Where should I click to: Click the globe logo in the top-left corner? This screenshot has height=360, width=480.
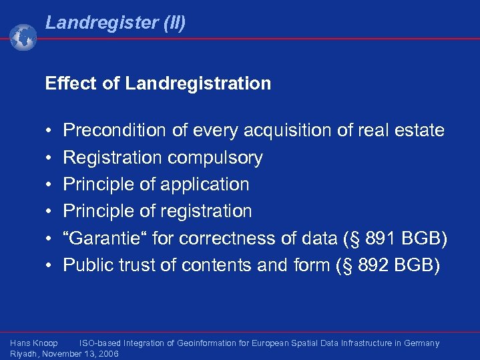coord(23,37)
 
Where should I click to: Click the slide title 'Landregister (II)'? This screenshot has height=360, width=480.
coord(115,23)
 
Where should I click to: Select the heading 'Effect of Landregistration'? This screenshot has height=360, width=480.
coord(158,83)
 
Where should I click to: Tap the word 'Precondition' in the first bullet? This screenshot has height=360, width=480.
coord(114,130)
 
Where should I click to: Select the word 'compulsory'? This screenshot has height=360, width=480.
coord(215,158)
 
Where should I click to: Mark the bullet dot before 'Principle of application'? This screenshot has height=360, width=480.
coord(50,184)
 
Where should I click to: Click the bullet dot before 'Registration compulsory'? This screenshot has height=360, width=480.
coord(50,158)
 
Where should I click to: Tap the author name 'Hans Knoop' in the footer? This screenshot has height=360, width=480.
coord(34,343)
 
